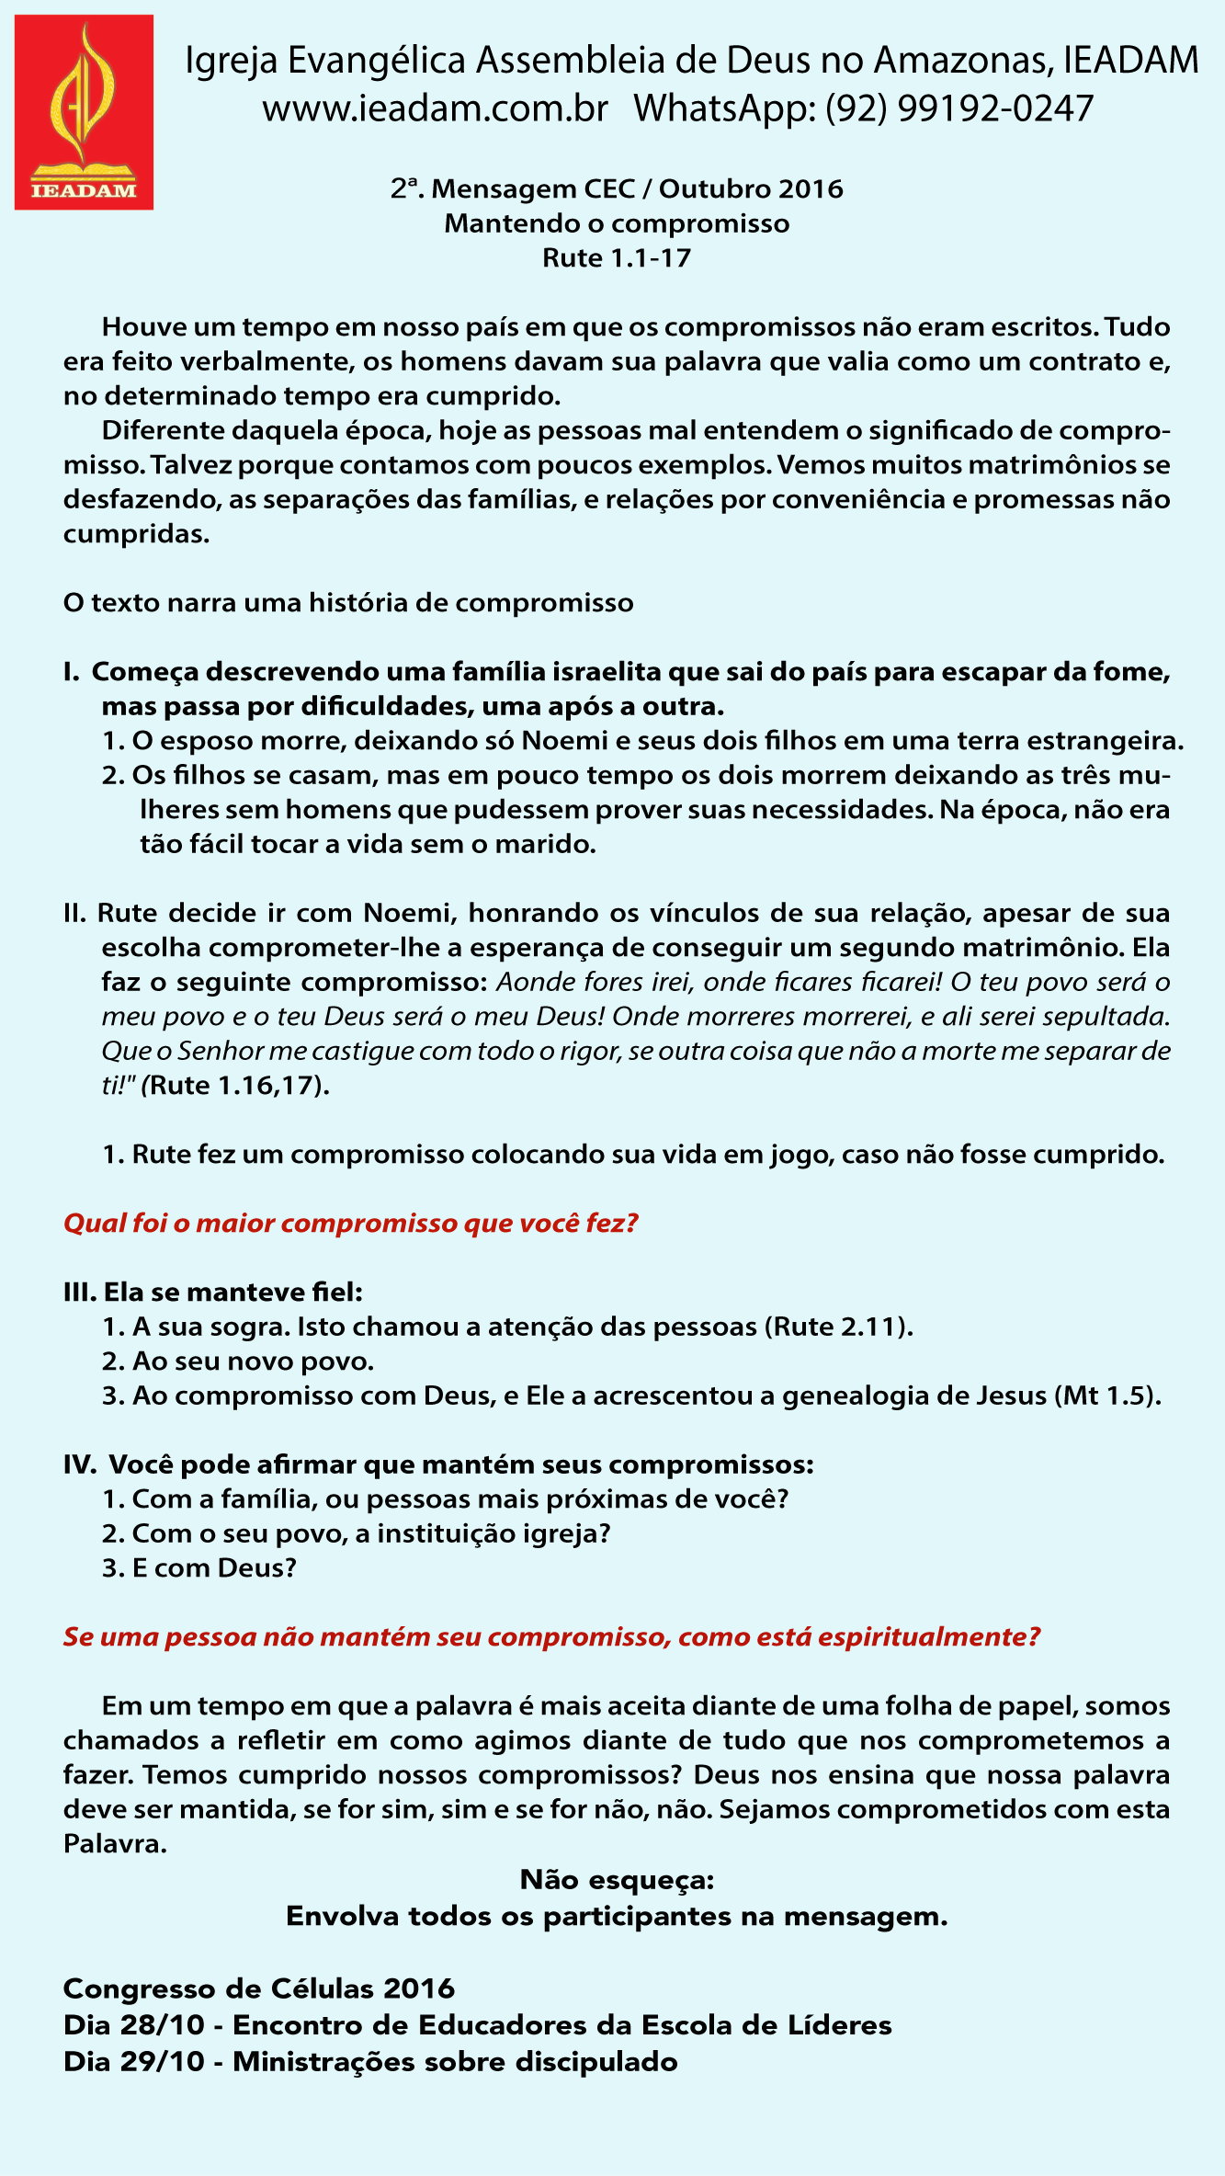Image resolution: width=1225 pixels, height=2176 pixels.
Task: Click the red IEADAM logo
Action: [x=84, y=112]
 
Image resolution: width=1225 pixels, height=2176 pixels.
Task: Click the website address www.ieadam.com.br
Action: [x=435, y=108]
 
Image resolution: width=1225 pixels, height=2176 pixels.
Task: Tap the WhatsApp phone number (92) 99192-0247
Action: [x=958, y=108]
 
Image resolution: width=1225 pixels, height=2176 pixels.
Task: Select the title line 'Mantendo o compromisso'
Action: [x=617, y=223]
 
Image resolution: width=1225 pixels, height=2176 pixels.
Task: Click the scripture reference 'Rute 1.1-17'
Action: [x=617, y=258]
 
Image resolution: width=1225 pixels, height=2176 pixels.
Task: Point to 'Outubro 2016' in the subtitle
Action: [x=751, y=189]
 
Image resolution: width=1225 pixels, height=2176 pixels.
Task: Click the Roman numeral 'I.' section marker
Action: [x=73, y=672]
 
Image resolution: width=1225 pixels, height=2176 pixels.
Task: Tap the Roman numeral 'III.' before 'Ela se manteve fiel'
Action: [x=80, y=1293]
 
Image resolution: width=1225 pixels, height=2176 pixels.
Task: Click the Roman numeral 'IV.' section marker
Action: [x=80, y=1464]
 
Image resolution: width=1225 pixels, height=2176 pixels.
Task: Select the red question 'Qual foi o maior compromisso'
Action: [x=350, y=1224]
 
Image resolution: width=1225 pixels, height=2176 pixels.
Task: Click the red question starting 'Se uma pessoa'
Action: [x=551, y=1637]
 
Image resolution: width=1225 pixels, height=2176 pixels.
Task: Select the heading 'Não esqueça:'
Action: [x=617, y=1880]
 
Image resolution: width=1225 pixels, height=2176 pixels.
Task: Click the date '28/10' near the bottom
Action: [x=172, y=2025]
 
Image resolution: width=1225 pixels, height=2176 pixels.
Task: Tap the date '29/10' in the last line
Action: [x=172, y=2062]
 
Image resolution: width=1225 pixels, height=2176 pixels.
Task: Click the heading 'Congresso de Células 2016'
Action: [x=259, y=1988]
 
